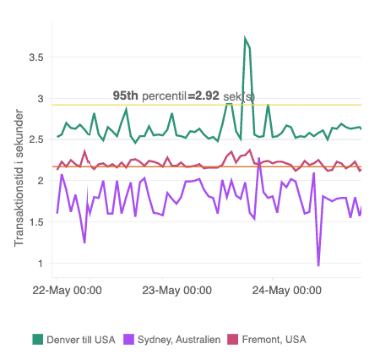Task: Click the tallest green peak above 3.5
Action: pyautogui.click(x=245, y=39)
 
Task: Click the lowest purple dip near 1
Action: pyautogui.click(x=318, y=265)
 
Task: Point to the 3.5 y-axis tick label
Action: pyautogui.click(x=35, y=57)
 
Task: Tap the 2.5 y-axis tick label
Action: pyautogui.click(x=35, y=139)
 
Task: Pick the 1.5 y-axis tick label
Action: pyautogui.click(x=35, y=222)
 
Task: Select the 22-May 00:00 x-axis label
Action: pyautogui.click(x=67, y=290)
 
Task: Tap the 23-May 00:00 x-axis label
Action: pyautogui.click(x=176, y=290)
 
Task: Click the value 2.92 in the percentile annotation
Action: pyautogui.click(x=207, y=96)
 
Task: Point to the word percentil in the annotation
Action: pyautogui.click(x=165, y=96)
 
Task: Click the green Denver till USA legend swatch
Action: pyautogui.click(x=37, y=339)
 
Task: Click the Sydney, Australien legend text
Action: pyautogui.click(x=180, y=339)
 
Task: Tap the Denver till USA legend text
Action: pyautogui.click(x=81, y=339)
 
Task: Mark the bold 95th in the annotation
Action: pyautogui.click(x=125, y=96)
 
